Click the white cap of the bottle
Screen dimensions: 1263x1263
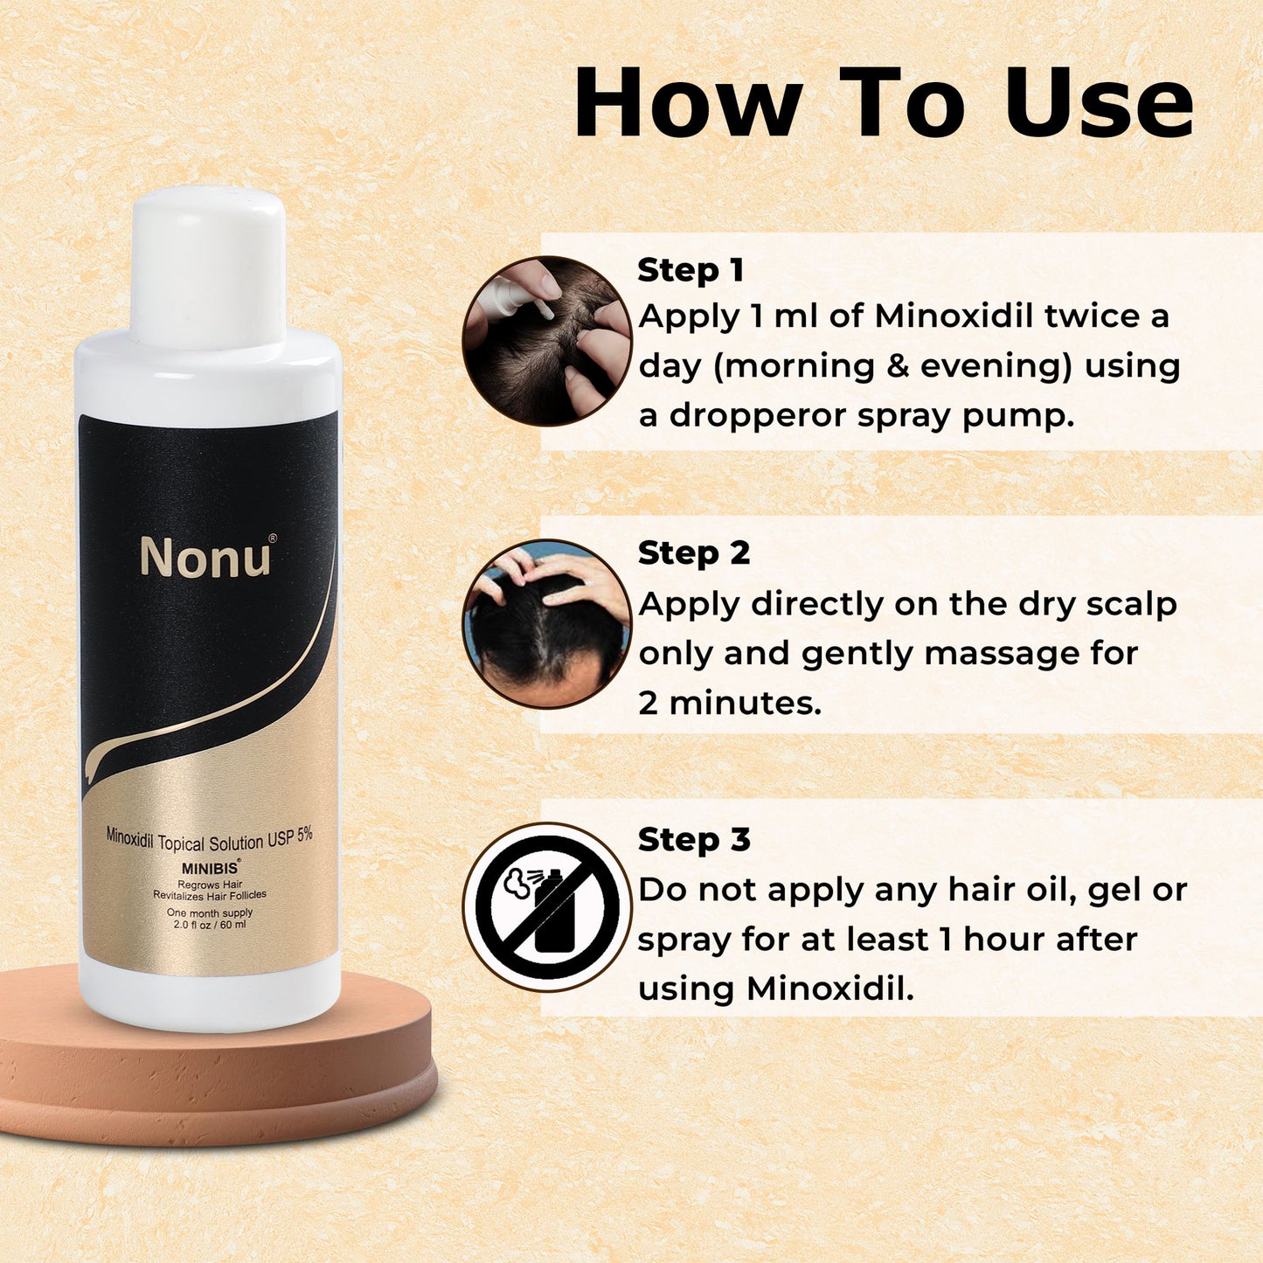pos(208,269)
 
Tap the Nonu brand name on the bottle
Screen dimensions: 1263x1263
pos(205,558)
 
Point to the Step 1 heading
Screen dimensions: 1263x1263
pos(690,270)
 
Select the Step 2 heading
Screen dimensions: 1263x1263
pos(693,554)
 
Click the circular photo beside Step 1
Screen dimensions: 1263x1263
pos(547,341)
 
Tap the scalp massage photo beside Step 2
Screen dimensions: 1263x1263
pos(547,624)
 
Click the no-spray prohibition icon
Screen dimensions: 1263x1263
pos(547,908)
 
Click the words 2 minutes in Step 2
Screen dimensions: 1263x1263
pos(730,704)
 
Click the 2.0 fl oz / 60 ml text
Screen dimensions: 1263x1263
pos(205,926)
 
